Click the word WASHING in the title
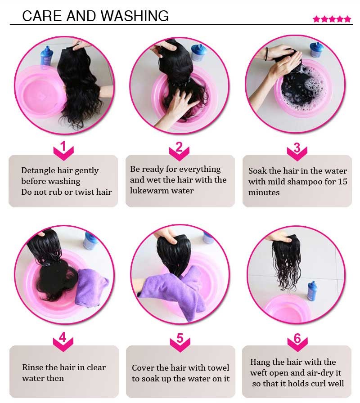tap(135, 16)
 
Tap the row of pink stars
tap(332, 19)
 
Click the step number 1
tap(63, 146)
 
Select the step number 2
tap(179, 147)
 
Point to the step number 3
tap(297, 148)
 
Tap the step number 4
tap(63, 337)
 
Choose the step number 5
tap(180, 338)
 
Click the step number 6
tap(297, 338)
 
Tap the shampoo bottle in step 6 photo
tap(312, 291)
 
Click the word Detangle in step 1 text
tap(38, 170)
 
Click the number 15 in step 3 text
tap(342, 181)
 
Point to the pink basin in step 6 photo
tap(286, 308)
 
